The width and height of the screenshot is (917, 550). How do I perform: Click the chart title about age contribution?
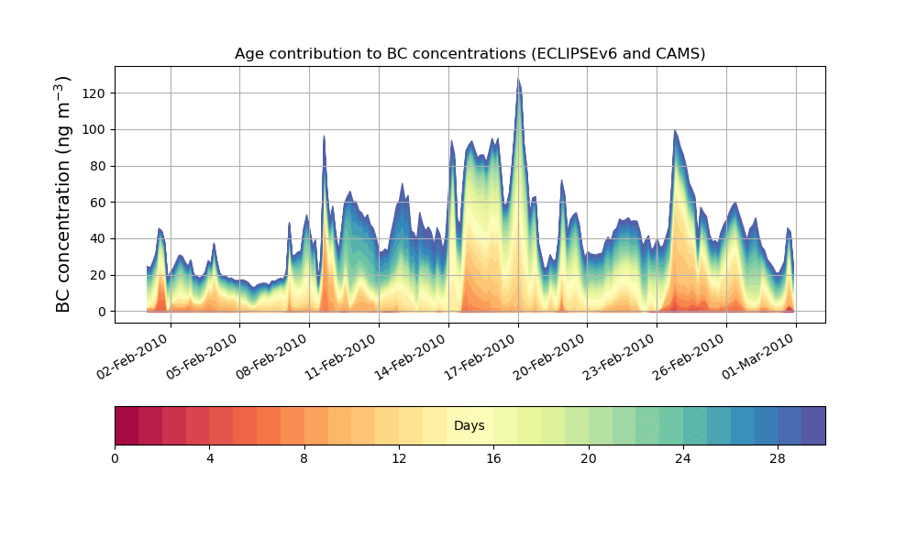(470, 54)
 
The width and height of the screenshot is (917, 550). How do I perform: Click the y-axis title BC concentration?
(63, 194)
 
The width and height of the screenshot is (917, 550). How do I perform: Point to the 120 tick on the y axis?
(95, 93)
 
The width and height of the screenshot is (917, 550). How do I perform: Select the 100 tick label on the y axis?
(95, 130)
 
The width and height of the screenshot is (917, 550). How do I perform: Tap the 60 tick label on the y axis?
(98, 203)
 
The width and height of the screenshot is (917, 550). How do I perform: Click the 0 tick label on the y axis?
(102, 312)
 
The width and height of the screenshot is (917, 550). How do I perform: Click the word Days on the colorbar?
(470, 426)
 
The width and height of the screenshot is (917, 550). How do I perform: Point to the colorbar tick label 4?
(210, 458)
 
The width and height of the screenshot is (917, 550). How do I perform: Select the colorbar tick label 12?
(399, 458)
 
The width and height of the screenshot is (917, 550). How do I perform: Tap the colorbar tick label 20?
(588, 458)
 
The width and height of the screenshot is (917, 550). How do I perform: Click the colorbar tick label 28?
(778, 458)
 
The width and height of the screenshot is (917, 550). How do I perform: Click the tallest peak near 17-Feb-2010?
(518, 80)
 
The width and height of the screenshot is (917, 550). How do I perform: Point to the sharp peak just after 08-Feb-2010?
(324, 137)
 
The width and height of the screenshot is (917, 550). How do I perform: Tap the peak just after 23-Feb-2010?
(675, 132)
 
